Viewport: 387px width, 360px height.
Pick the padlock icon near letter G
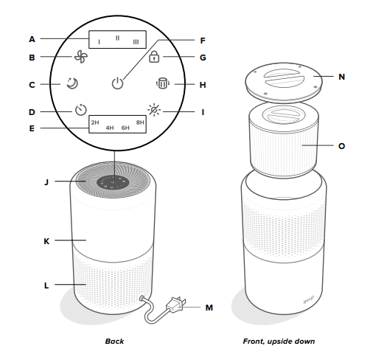pos(154,58)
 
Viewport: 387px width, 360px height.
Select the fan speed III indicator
pos(136,43)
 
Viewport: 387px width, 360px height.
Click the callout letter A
pos(32,38)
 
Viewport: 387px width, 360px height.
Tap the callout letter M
pos(209,306)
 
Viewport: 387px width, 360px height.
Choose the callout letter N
pos(341,75)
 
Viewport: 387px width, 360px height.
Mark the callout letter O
pos(341,146)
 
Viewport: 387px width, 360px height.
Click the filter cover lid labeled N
pos(282,83)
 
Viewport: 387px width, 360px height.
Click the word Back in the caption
pos(114,342)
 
